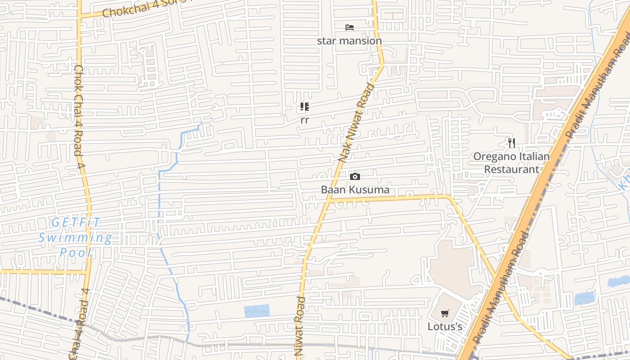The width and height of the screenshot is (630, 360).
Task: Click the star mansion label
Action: point(349,41)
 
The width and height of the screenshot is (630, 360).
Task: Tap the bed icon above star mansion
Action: point(350,27)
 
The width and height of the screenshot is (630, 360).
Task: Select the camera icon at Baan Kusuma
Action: point(355,176)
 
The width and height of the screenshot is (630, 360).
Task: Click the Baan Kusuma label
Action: point(355,190)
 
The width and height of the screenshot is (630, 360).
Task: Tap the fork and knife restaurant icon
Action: point(511,143)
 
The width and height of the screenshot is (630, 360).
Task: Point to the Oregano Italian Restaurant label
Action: point(511,163)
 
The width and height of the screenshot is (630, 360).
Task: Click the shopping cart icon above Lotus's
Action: point(445,314)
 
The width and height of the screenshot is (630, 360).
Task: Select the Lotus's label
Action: point(445,326)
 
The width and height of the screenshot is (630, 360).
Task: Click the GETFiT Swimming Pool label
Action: point(75,237)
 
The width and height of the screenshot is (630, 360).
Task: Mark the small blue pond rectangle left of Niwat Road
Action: point(256,311)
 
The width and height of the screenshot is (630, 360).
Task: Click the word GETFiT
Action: point(76,222)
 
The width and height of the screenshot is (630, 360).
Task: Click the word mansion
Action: point(362,41)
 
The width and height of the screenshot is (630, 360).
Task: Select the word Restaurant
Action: point(511,170)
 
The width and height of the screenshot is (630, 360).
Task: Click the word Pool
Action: point(76,252)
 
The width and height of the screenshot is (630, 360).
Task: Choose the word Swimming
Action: point(75,238)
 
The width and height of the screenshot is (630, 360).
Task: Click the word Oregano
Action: point(491,157)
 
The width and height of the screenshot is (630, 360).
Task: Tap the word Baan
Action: point(332,190)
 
